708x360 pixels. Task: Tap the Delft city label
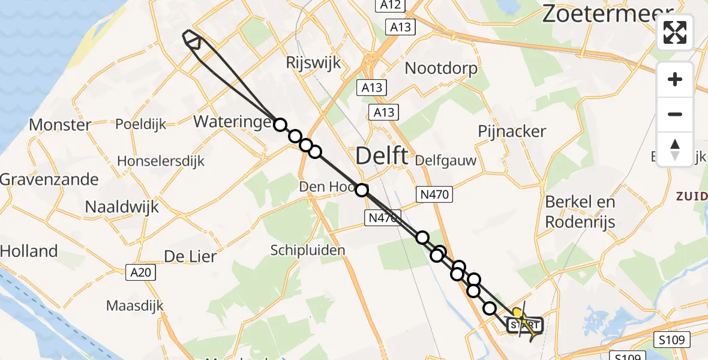(382, 157)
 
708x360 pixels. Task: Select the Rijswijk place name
(313, 62)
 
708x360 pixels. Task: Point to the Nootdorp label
(441, 68)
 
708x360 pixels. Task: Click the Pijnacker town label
(512, 131)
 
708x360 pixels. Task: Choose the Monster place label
(60, 125)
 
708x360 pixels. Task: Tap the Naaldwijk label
(122, 207)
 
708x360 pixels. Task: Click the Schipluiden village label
(307, 250)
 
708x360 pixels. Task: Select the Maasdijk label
(135, 305)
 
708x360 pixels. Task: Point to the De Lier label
(190, 256)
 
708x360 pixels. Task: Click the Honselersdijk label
(161, 161)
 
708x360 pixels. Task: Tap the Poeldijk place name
(140, 124)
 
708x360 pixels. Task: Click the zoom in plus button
(675, 79)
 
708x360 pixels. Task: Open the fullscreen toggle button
(675, 32)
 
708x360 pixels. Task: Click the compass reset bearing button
(675, 149)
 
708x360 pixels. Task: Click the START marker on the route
(525, 326)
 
